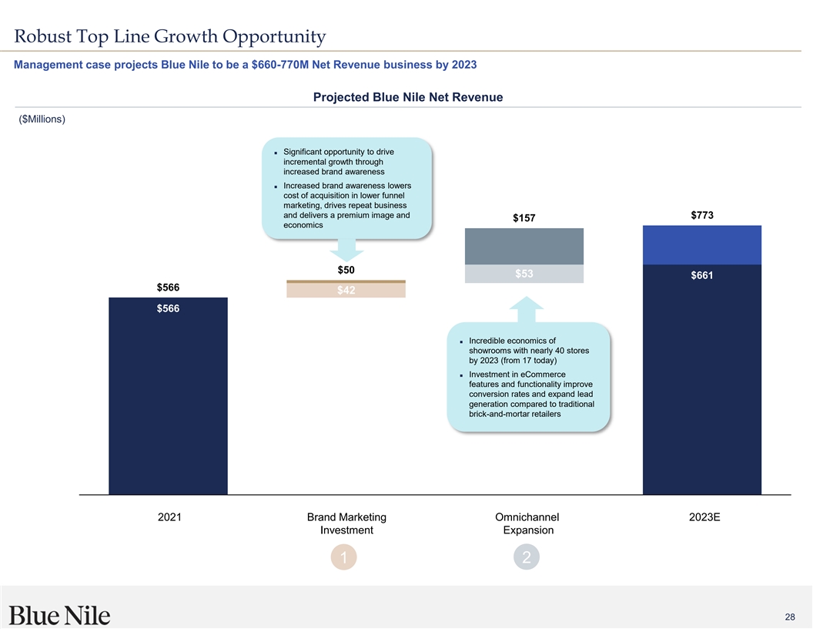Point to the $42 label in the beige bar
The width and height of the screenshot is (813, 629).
[x=346, y=291]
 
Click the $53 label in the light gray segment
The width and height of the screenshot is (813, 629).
[x=524, y=274]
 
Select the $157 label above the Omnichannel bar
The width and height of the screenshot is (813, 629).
[x=524, y=219]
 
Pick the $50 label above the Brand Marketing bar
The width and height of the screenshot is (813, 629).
[x=346, y=270]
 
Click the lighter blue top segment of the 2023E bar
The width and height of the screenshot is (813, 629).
[x=702, y=244]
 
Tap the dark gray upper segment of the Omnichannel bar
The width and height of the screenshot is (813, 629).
[x=524, y=247]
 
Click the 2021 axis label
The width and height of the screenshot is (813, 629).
[x=169, y=517]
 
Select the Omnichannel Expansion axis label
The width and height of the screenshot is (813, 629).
[x=528, y=523]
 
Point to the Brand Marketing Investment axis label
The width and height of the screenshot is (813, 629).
[x=346, y=523]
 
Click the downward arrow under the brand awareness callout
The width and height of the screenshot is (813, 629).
[x=346, y=250]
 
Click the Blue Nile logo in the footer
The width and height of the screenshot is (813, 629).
[x=60, y=615]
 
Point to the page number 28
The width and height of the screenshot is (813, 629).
[x=790, y=617]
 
